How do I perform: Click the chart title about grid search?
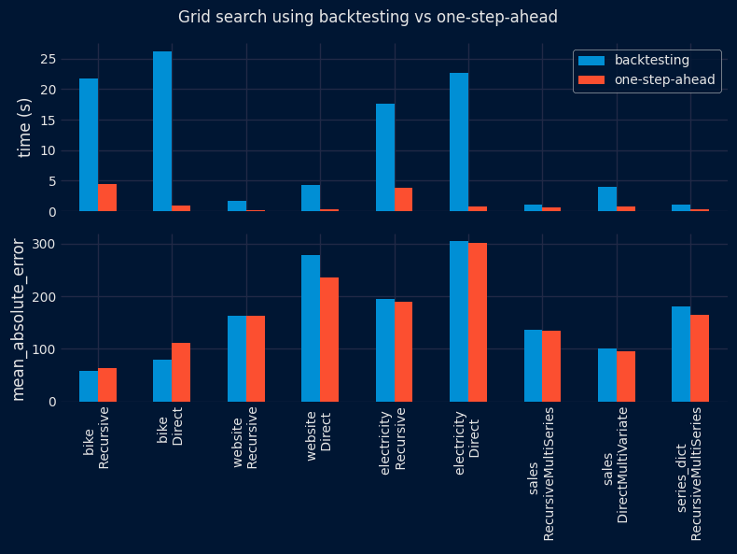tap(368, 17)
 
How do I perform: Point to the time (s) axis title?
tap(25, 128)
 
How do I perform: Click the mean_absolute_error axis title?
tap(19, 320)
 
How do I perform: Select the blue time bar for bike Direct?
tap(162, 132)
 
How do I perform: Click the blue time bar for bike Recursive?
tap(89, 145)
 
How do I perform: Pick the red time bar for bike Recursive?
tap(107, 198)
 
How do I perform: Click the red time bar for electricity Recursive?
tap(404, 200)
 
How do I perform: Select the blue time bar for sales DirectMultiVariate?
tap(607, 199)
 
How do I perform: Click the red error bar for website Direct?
tap(329, 339)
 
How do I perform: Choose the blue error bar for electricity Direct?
tap(459, 321)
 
